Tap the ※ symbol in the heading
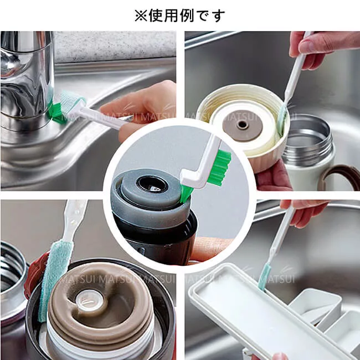click(141, 16)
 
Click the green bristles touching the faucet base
click(54, 112)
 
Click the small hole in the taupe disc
click(242, 125)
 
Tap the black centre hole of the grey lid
click(152, 184)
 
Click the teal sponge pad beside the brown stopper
click(52, 280)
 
